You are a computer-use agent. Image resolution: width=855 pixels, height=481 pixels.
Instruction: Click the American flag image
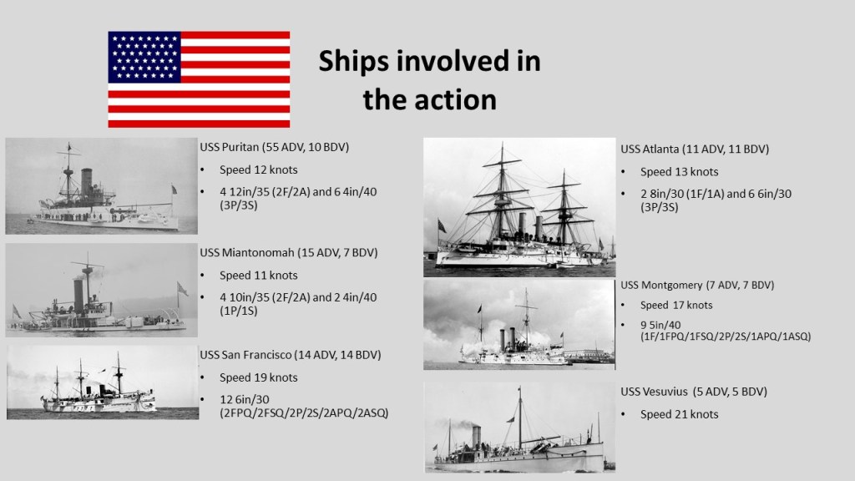(x=199, y=79)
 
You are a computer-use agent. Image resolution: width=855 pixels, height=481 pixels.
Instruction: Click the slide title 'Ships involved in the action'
(x=430, y=80)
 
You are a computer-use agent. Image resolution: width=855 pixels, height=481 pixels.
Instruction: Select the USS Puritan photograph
(x=101, y=186)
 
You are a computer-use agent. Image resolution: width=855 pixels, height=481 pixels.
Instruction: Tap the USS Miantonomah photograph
(x=101, y=290)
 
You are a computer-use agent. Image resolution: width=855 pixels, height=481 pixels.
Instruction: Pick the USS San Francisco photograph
(x=103, y=382)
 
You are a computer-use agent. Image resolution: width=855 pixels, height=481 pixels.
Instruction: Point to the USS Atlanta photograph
(x=519, y=207)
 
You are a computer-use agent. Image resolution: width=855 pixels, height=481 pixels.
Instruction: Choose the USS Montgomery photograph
(x=519, y=325)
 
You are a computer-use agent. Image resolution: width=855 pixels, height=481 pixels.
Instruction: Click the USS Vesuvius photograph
(x=519, y=427)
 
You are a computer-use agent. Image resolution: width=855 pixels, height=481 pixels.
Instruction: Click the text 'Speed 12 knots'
(x=259, y=170)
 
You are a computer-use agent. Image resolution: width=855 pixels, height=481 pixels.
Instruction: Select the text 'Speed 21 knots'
(x=680, y=414)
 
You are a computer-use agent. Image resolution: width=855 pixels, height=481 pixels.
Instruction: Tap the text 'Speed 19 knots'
(x=259, y=377)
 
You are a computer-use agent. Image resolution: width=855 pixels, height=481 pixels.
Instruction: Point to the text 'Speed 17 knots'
(x=676, y=306)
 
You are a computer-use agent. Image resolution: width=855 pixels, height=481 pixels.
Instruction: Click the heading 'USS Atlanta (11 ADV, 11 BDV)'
(x=695, y=149)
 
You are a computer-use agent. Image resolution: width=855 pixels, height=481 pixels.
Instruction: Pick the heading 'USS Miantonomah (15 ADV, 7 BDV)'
(x=288, y=252)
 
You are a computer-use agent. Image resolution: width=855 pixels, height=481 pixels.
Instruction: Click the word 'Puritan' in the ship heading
(x=240, y=147)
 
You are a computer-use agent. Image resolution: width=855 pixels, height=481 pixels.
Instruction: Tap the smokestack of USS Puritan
(x=86, y=181)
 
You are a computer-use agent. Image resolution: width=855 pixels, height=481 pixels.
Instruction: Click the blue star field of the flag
(x=144, y=58)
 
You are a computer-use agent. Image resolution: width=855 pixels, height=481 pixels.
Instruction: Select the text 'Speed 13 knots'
(x=680, y=172)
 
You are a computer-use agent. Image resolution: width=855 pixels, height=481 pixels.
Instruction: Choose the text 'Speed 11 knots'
(x=259, y=276)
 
